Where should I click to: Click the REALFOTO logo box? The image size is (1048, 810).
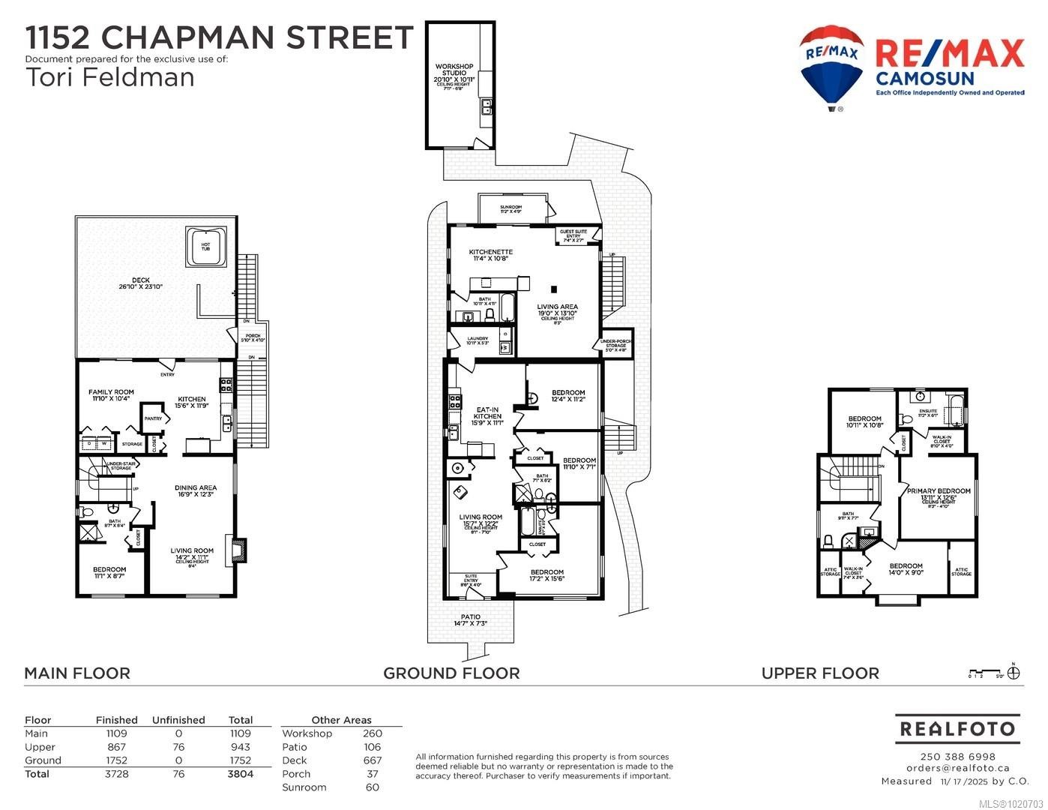tap(957, 728)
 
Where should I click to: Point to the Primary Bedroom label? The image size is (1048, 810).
tap(939, 491)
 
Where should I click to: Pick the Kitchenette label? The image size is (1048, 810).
tap(490, 252)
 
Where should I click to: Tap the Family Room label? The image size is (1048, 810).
tap(111, 392)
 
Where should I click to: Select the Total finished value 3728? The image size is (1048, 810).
tap(116, 774)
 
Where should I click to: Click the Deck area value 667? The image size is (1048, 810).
tap(372, 760)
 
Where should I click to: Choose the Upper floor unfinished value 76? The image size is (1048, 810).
tap(178, 747)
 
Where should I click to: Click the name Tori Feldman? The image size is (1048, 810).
tap(109, 77)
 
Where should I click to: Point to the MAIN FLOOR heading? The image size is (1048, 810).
tap(77, 673)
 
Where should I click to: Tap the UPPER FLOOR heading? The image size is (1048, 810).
tap(820, 673)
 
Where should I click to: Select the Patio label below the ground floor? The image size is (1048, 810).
tap(470, 617)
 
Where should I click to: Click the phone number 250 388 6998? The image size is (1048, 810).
tap(957, 756)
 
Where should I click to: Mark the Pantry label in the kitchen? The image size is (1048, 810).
tap(153, 418)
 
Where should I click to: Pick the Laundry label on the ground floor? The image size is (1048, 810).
tap(478, 339)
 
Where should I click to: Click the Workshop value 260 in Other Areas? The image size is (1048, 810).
tap(372, 733)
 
